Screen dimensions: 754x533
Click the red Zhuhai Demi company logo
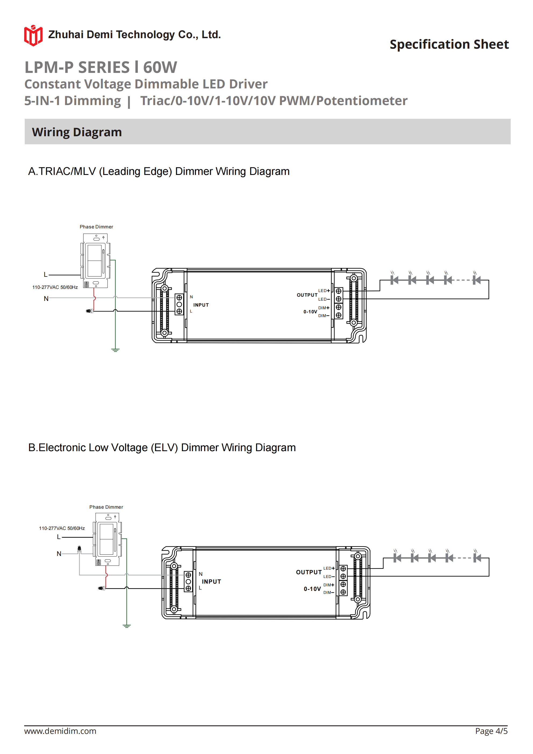click(33, 35)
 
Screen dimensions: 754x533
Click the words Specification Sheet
click(449, 44)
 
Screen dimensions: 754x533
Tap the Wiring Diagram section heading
click(77, 132)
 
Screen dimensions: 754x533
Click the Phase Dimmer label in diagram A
click(96, 227)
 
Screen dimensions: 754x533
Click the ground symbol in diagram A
click(115, 350)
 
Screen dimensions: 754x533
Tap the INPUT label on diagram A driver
click(201, 305)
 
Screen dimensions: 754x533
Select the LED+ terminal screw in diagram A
click(338, 291)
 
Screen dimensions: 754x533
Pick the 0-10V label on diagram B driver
click(312, 589)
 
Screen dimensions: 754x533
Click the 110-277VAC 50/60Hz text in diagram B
click(62, 528)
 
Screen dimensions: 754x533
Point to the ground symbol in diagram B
click(127, 626)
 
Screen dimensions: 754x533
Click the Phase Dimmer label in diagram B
click(106, 507)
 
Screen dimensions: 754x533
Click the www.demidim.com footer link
click(60, 731)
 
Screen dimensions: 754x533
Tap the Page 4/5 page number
click(491, 731)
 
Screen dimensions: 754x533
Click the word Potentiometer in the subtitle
click(362, 101)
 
